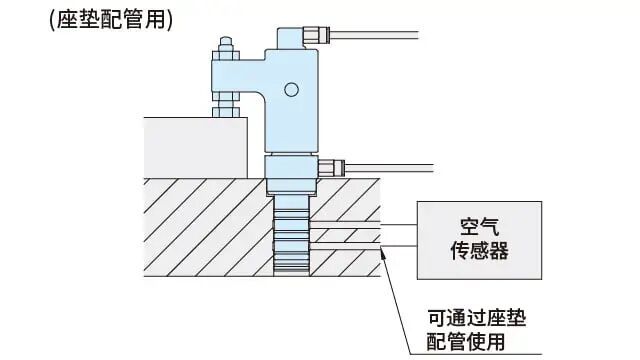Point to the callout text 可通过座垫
477,319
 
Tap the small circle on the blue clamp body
291,91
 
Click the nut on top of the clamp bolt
225,45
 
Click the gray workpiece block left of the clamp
195,146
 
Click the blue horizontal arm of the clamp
240,76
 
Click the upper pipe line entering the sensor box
400,227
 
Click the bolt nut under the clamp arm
225,101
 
